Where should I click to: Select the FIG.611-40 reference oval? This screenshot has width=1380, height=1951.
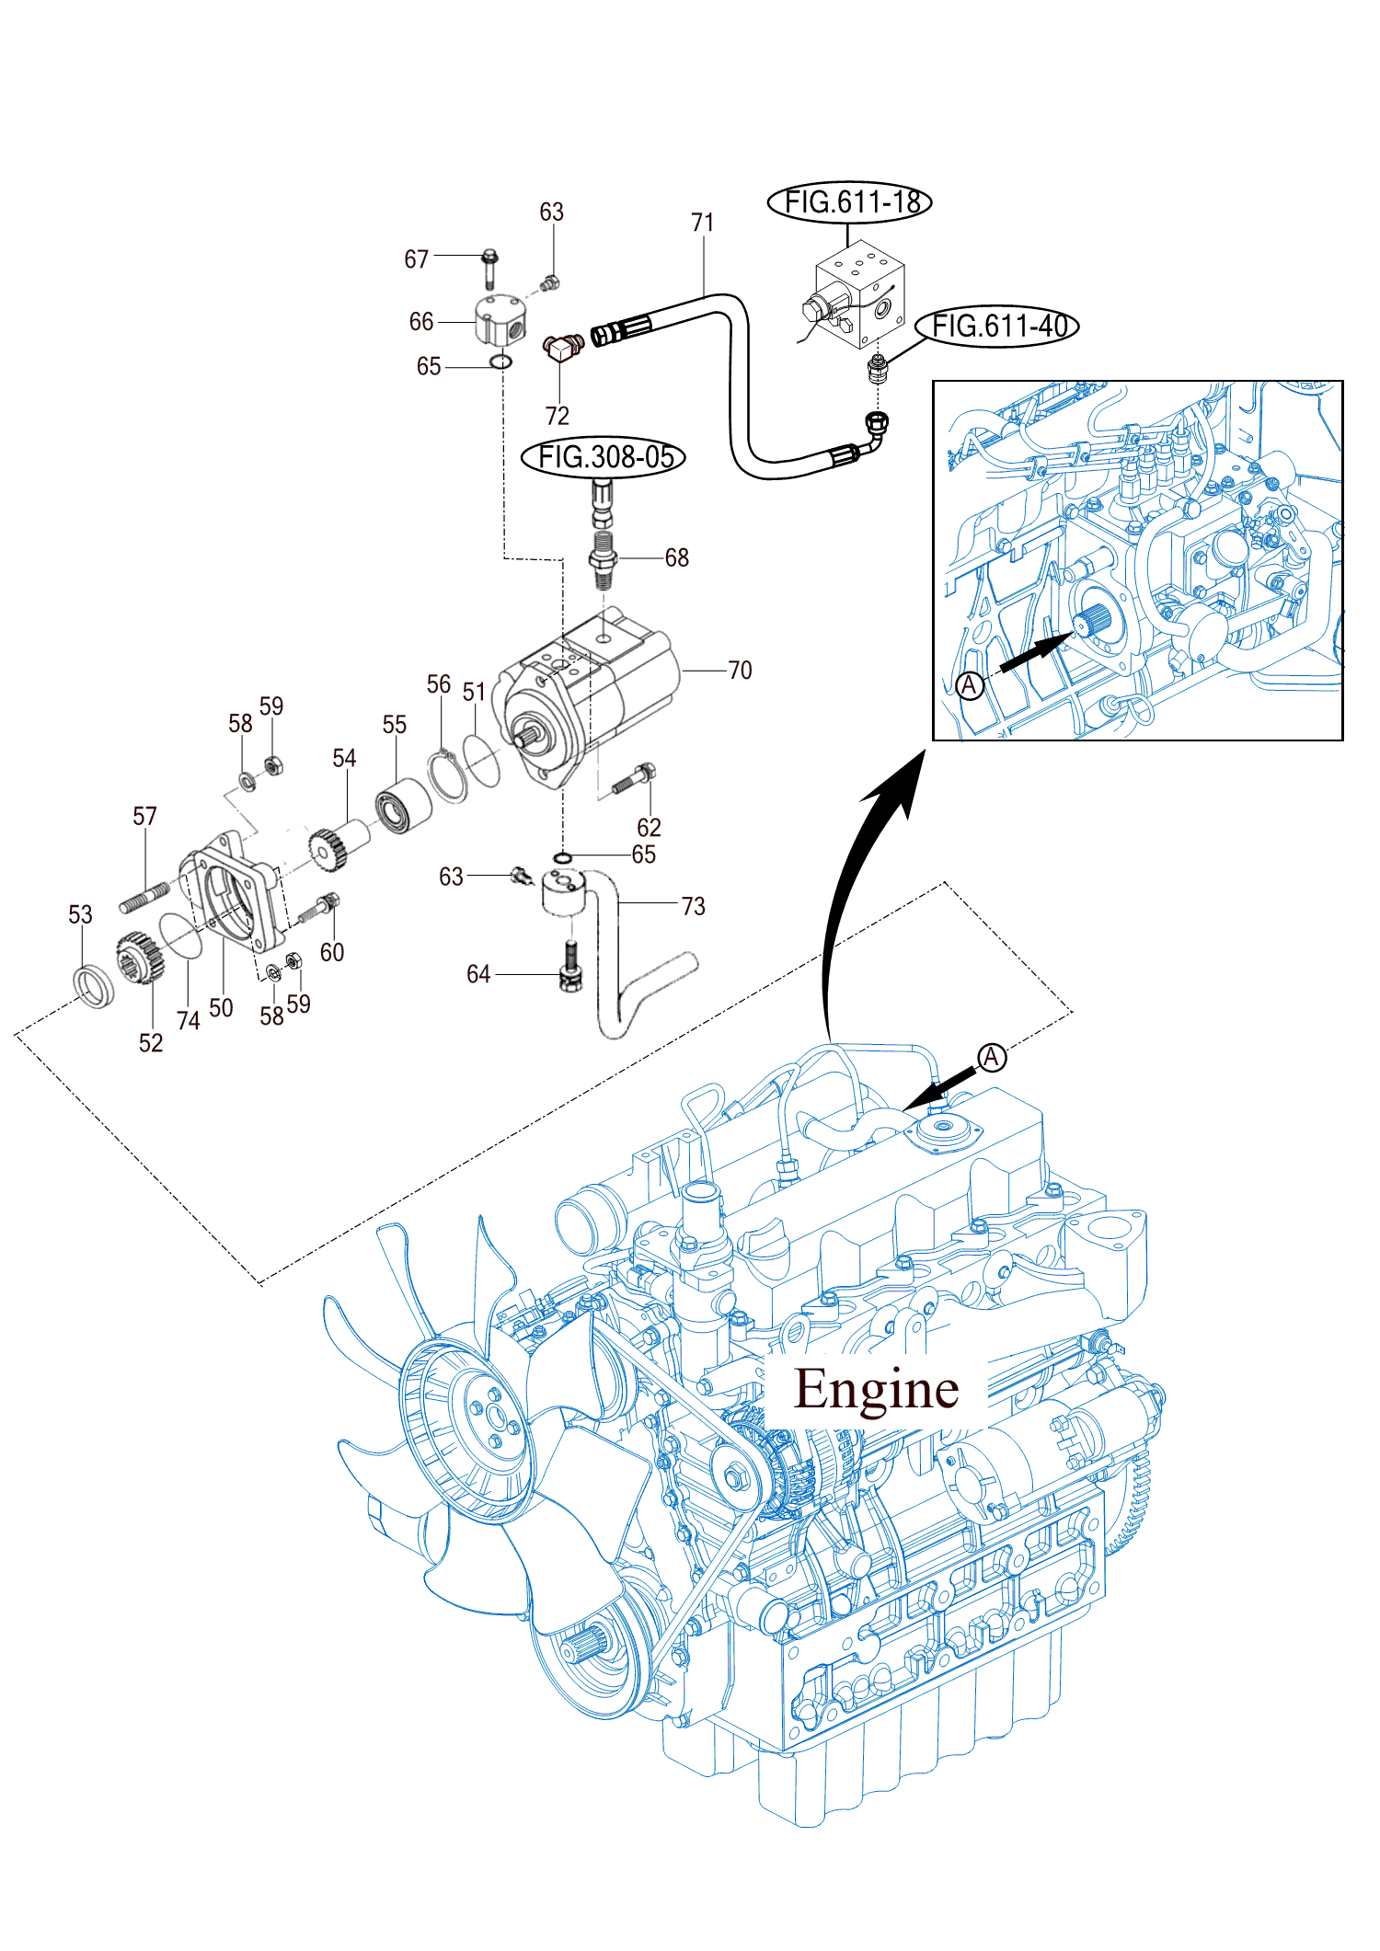(997, 326)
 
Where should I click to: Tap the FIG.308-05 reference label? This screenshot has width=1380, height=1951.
(604, 456)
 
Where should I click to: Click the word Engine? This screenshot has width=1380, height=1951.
(876, 1389)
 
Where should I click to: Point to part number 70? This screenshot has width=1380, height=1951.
(740, 670)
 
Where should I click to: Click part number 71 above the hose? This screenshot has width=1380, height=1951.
(702, 223)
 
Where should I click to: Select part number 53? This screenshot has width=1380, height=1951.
(80, 914)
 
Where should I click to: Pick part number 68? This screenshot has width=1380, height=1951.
(676, 557)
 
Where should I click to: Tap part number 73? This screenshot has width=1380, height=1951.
(693, 906)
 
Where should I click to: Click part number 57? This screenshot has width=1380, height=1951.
(144, 816)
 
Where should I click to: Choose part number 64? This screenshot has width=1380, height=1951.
(478, 974)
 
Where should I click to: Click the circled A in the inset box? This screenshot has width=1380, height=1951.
(970, 685)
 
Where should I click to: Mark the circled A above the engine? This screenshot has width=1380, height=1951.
(991, 1058)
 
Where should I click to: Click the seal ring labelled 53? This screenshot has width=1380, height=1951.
(94, 986)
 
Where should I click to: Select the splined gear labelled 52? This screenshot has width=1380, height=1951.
(140, 958)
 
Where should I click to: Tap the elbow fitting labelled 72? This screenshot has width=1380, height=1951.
(561, 347)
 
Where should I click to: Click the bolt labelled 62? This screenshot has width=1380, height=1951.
(634, 780)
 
